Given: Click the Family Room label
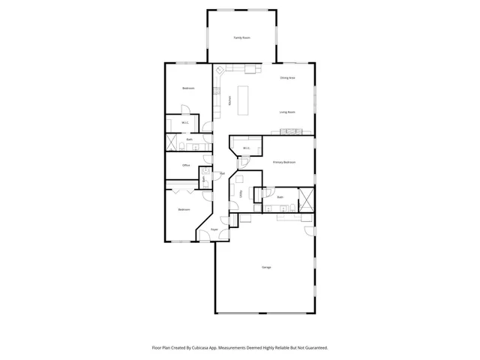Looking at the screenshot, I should point(241,37).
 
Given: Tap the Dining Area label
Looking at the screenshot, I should point(287,77).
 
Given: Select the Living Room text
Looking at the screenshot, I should point(287,112).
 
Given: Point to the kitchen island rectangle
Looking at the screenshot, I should point(244,100).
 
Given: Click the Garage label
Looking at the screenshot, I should point(266,267).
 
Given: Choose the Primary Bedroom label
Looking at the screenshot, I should point(284,162).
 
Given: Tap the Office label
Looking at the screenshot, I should point(186,165).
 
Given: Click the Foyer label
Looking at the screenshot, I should point(214,229).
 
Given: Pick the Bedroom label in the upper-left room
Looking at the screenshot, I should point(188,88).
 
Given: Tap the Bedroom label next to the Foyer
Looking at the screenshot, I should point(184,209).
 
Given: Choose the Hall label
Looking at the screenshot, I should point(223,174).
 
